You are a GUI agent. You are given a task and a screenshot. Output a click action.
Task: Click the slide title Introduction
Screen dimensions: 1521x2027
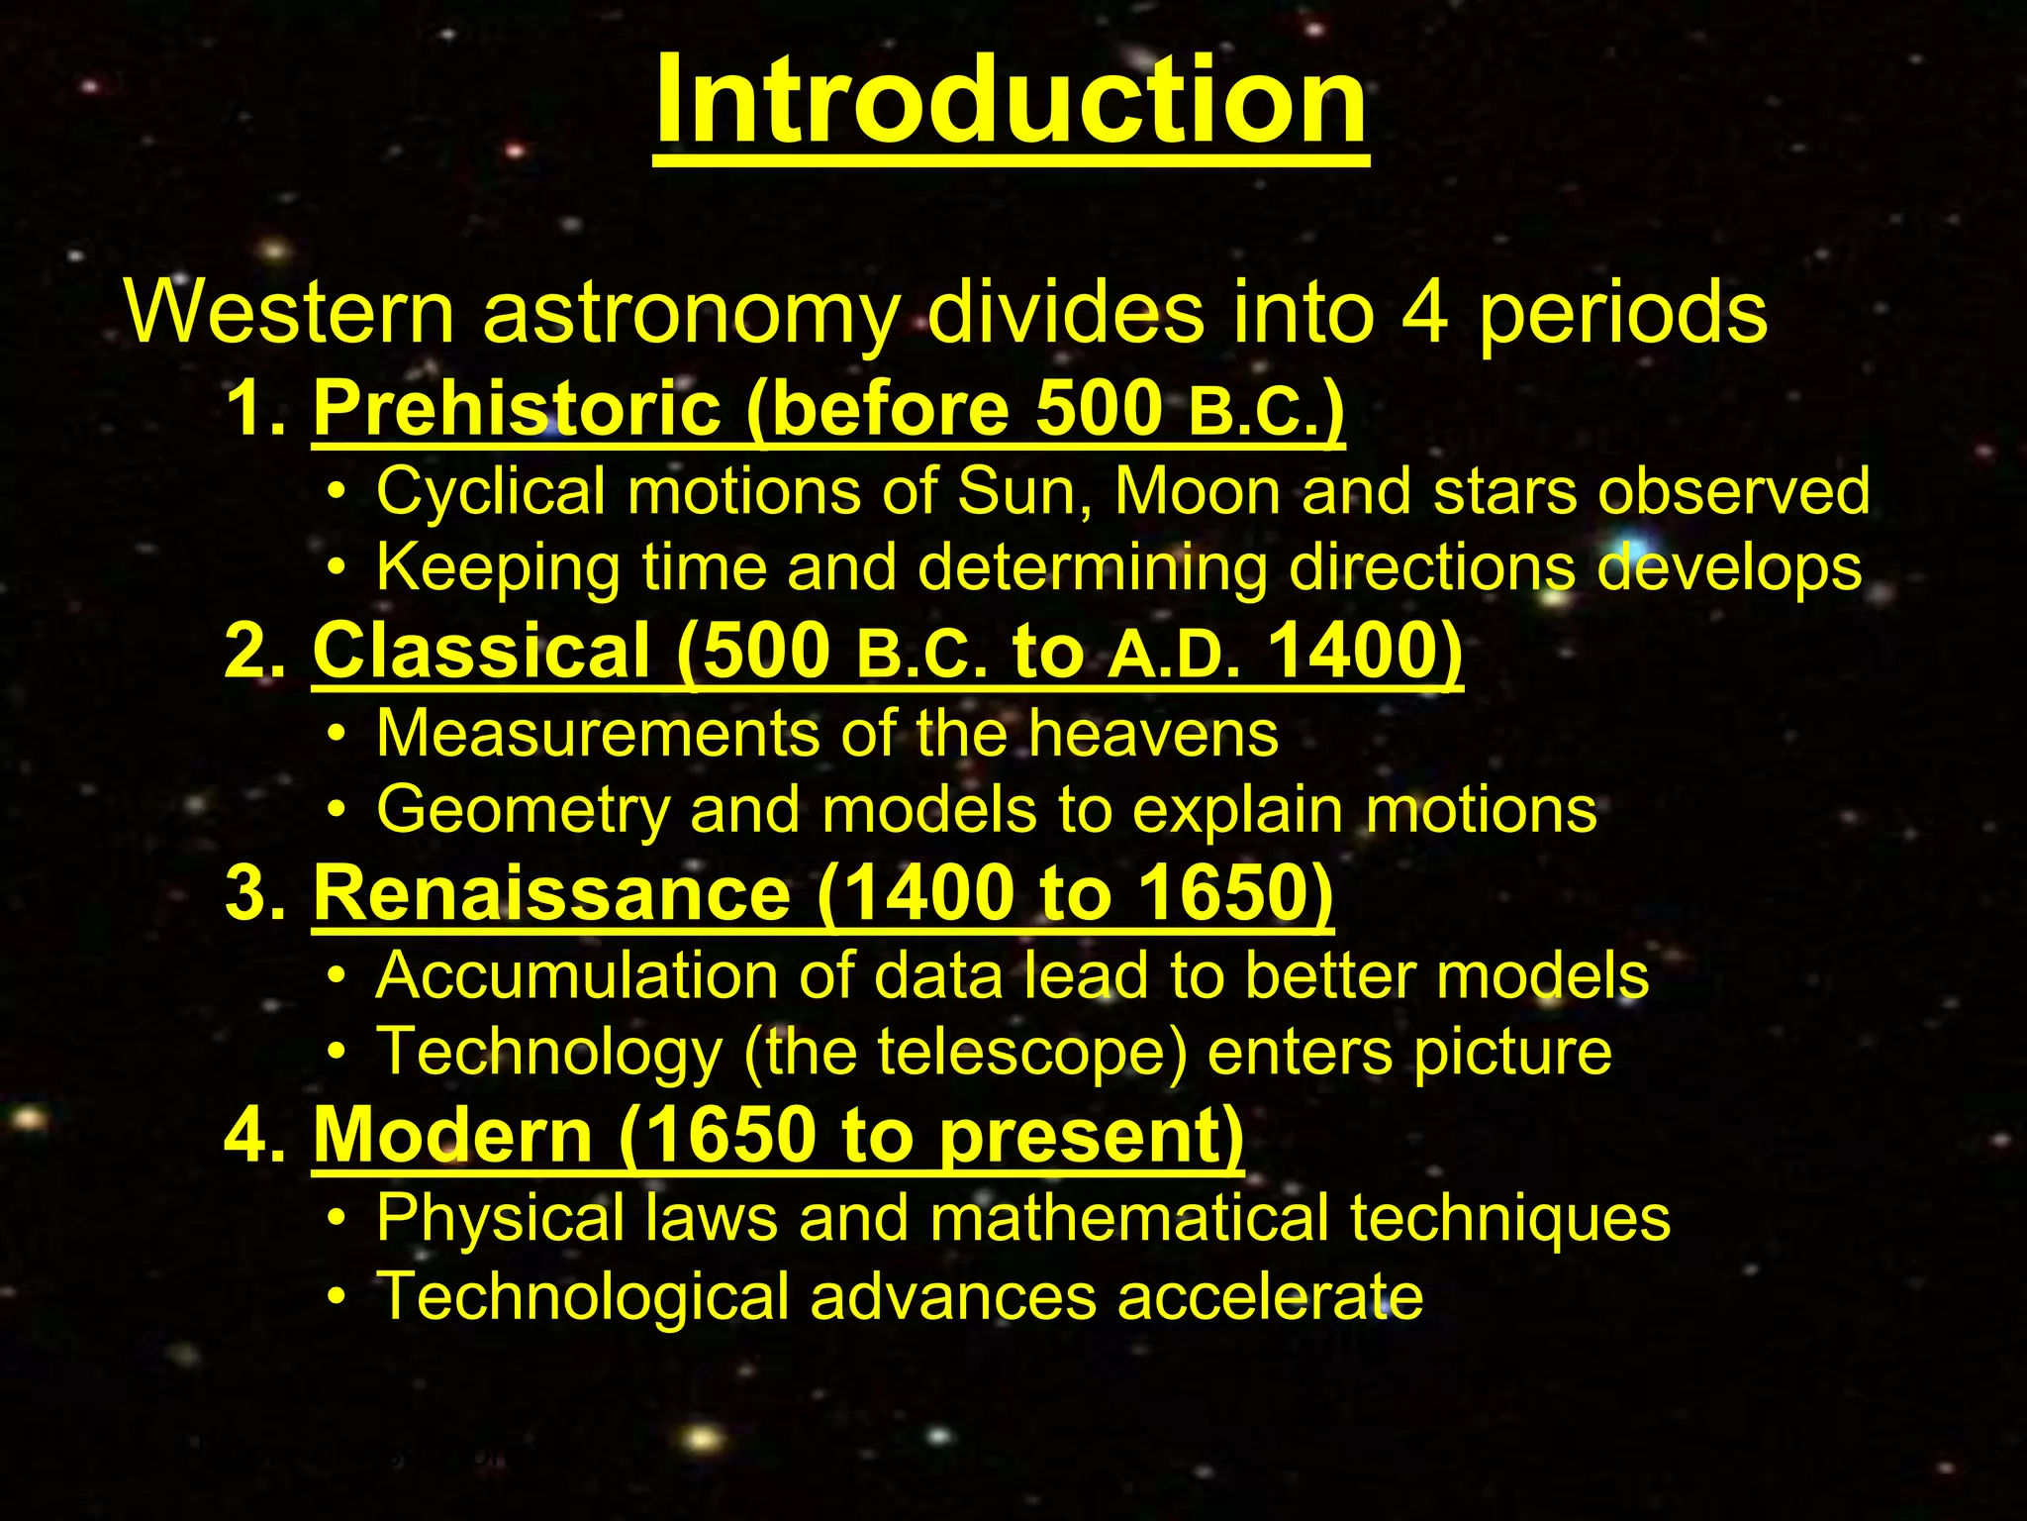click(1011, 101)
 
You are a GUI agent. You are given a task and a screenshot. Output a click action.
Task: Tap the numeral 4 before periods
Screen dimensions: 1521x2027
click(1425, 313)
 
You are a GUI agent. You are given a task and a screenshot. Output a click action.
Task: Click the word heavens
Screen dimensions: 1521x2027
click(1153, 734)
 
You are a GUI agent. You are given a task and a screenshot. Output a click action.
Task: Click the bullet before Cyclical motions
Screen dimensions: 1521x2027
click(338, 492)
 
